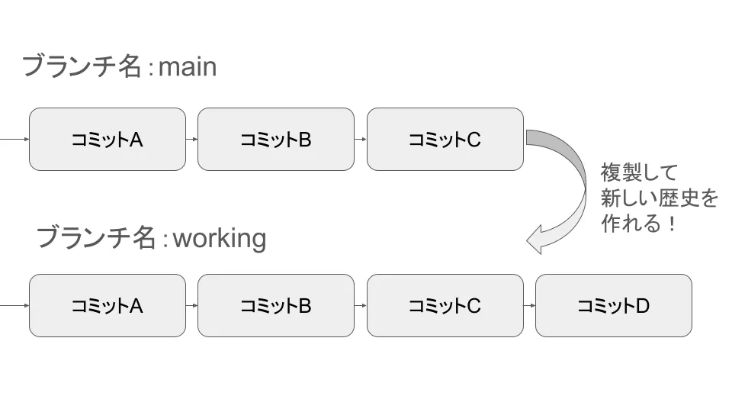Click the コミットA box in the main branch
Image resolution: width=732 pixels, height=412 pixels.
(x=107, y=139)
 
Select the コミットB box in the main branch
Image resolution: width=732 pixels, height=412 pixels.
(x=276, y=139)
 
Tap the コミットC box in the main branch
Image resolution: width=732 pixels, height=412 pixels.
(x=445, y=139)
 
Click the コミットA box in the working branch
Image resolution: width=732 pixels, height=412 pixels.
(x=107, y=305)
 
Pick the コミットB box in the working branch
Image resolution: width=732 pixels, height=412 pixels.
(x=276, y=305)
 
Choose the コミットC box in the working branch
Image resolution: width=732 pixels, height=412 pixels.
(x=445, y=305)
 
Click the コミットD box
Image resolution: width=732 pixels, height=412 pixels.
(x=613, y=305)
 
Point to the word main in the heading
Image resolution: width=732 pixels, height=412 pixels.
(x=188, y=66)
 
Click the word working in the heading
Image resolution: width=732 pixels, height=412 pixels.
(x=220, y=238)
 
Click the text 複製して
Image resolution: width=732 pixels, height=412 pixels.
(x=639, y=172)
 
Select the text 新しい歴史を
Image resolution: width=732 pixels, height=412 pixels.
(x=660, y=198)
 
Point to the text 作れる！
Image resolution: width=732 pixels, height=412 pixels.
(x=639, y=225)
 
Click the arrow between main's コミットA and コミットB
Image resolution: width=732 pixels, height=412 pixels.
(x=191, y=139)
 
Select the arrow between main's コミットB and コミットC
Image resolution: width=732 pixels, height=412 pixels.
(x=361, y=139)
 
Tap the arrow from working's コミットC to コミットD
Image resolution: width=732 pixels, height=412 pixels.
(x=529, y=305)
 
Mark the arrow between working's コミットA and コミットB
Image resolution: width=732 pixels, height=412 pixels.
(x=191, y=305)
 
